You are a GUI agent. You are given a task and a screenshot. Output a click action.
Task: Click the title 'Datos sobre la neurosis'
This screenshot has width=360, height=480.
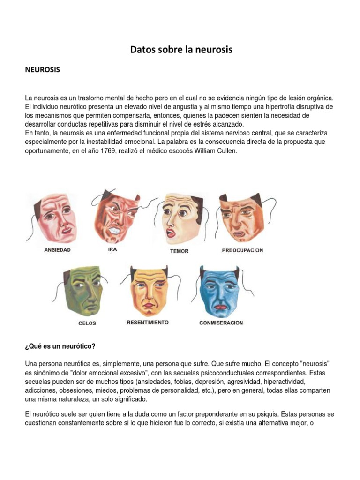(x=181, y=49)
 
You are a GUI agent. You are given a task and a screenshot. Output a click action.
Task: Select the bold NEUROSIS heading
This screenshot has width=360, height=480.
(x=42, y=70)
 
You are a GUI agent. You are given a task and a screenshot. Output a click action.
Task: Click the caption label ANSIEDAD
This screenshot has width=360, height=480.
(x=57, y=250)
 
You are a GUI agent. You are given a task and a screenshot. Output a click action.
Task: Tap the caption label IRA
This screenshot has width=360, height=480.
(x=112, y=250)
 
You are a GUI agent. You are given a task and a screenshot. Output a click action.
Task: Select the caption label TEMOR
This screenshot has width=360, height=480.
(x=179, y=251)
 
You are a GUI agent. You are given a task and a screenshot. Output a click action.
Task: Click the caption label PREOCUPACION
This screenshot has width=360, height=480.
(x=242, y=250)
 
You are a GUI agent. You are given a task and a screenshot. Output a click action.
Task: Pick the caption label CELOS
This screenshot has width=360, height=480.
(x=87, y=323)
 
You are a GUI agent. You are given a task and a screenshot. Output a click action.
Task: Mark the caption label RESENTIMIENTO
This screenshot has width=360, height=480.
(x=148, y=322)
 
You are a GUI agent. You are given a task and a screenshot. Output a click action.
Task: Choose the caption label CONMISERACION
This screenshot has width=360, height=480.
(x=221, y=323)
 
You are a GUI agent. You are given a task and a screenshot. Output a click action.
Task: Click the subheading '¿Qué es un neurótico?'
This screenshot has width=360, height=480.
(x=60, y=346)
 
